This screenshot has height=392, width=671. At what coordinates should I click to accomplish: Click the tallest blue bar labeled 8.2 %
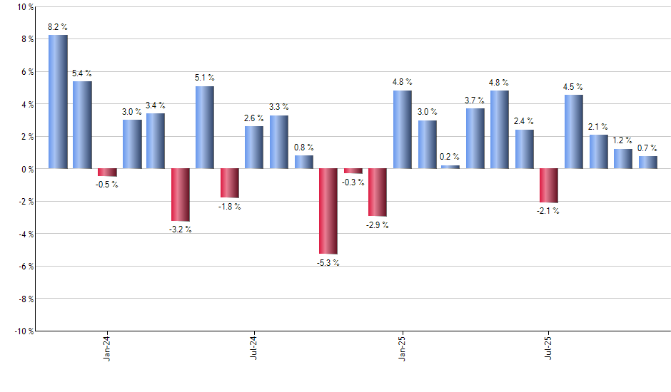pyautogui.click(x=58, y=102)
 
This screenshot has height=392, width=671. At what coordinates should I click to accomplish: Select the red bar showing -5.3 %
pyautogui.click(x=328, y=211)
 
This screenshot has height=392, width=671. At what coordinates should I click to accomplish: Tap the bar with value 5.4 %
pyautogui.click(x=82, y=125)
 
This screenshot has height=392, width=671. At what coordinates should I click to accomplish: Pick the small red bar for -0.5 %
pyautogui.click(x=107, y=172)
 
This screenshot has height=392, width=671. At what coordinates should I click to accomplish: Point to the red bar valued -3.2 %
pyautogui.click(x=181, y=195)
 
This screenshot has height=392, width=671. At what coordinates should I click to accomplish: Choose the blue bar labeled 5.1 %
pyautogui.click(x=205, y=128)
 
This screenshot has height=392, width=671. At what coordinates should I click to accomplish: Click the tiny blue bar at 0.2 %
pyautogui.click(x=450, y=167)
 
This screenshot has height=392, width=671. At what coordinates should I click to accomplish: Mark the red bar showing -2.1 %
pyautogui.click(x=549, y=185)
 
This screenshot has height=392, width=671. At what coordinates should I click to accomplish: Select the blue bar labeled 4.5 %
pyautogui.click(x=574, y=132)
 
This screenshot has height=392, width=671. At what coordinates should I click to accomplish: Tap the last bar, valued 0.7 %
pyautogui.click(x=647, y=163)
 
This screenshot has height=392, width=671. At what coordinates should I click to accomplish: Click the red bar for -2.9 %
pyautogui.click(x=377, y=192)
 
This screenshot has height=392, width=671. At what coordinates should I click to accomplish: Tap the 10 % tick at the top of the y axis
pyautogui.click(x=24, y=7)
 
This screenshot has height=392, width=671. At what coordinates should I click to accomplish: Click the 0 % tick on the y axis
pyautogui.click(x=26, y=169)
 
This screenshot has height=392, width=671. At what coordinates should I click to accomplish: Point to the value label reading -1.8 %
pyautogui.click(x=229, y=207)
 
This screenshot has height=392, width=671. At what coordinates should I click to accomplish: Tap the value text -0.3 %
pyautogui.click(x=353, y=182)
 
